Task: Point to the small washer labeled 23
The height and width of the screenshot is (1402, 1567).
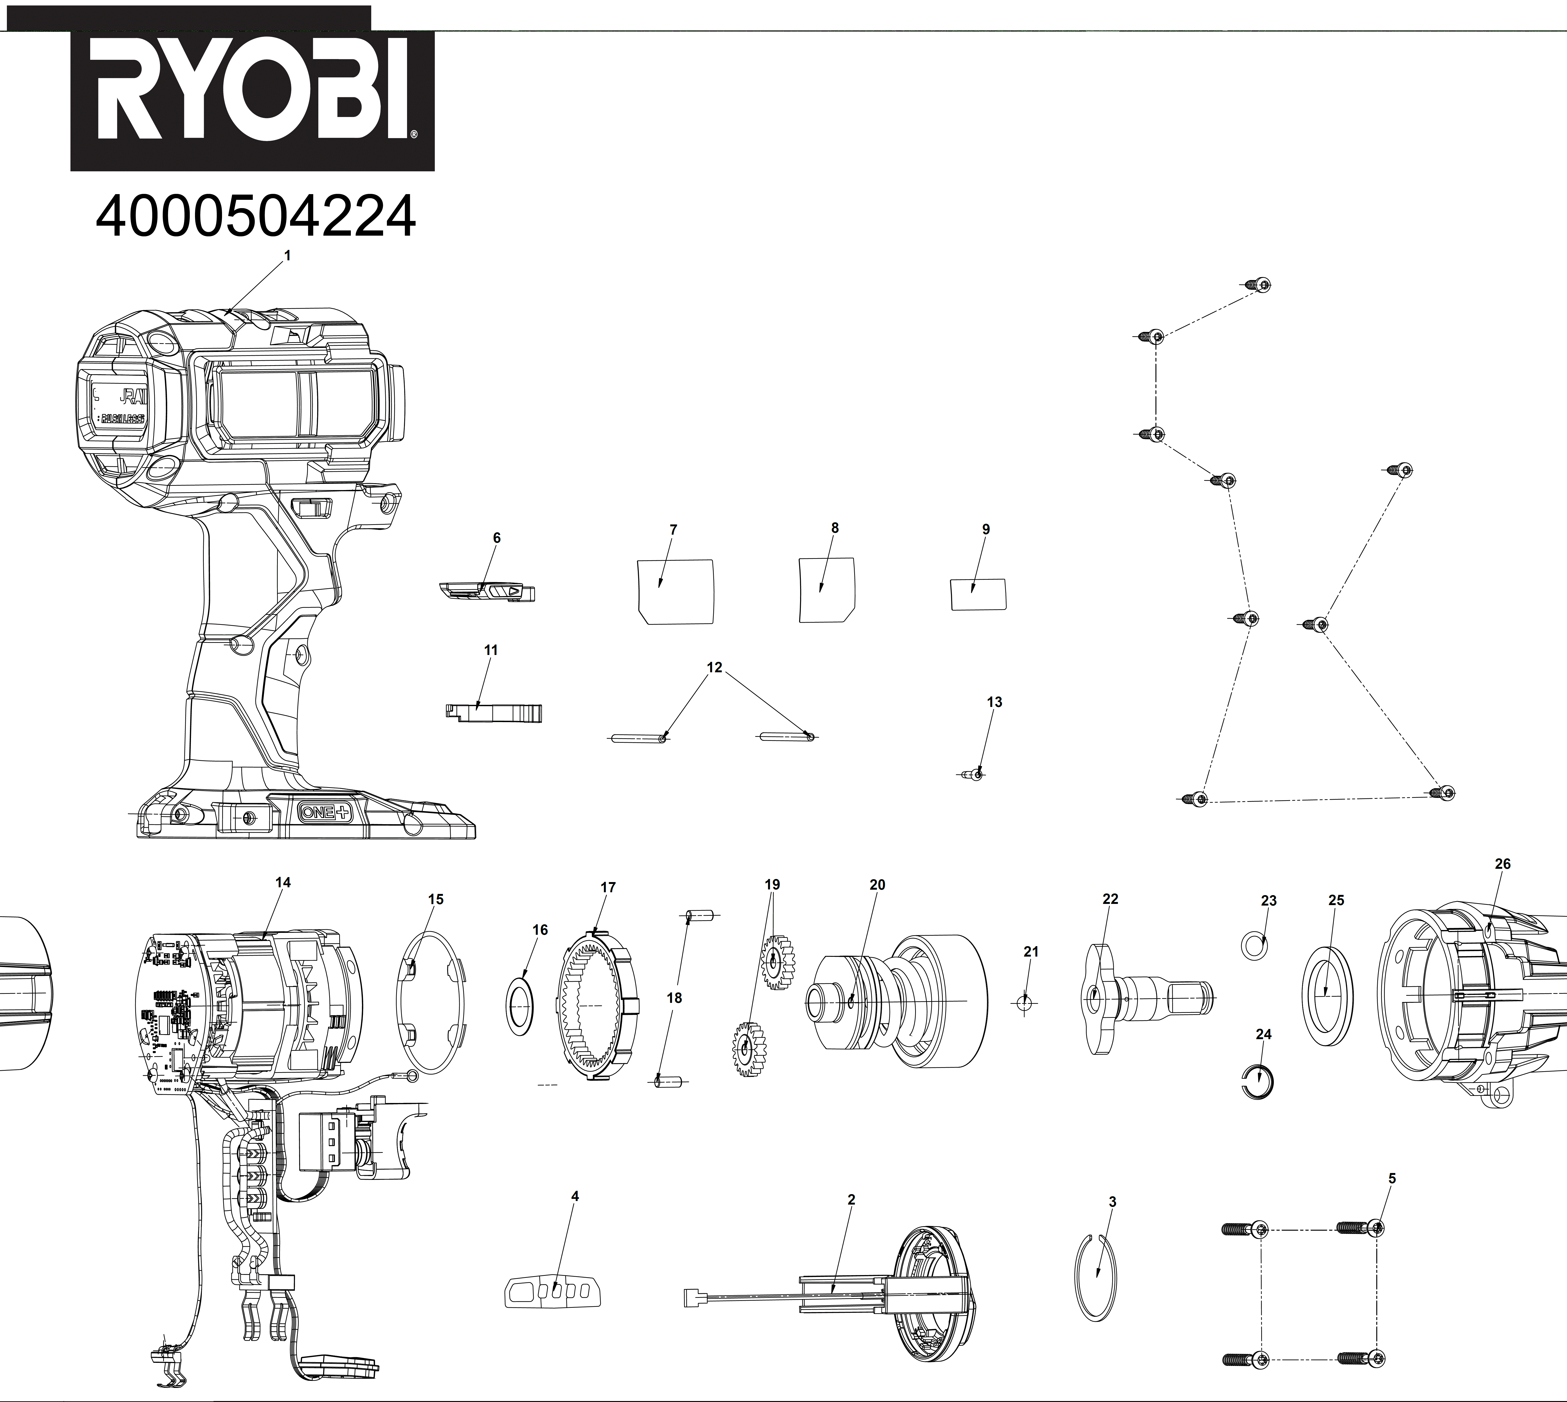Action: [x=1254, y=945]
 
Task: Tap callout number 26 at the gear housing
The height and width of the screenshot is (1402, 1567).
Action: [x=1502, y=864]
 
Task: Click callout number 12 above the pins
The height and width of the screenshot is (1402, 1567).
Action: [x=714, y=667]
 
